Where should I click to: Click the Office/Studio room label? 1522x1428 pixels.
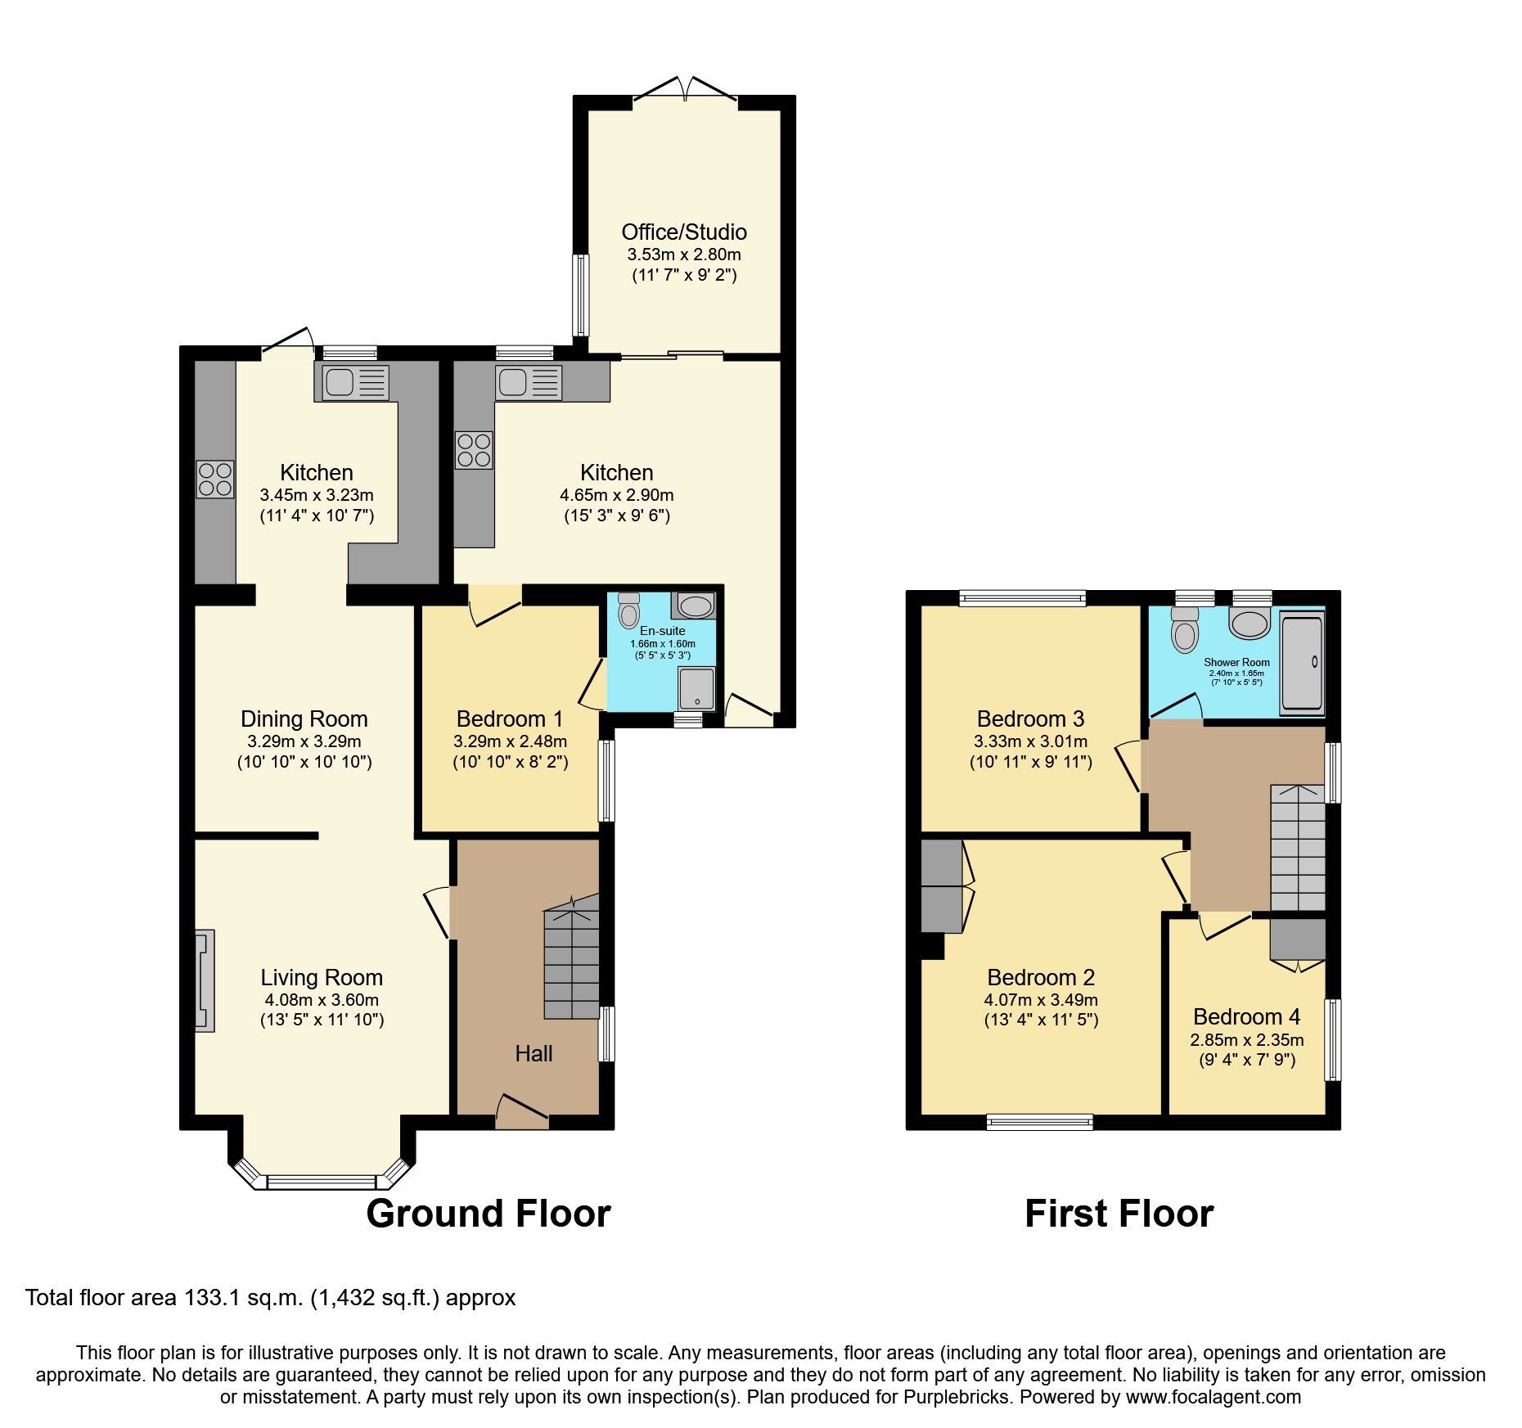[683, 232]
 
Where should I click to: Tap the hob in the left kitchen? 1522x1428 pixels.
[215, 480]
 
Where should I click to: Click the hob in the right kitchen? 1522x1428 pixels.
[475, 450]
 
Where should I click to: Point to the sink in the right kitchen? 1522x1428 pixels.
[529, 382]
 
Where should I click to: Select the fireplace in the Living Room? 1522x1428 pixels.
[205, 980]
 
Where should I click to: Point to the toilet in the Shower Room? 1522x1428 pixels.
[1184, 630]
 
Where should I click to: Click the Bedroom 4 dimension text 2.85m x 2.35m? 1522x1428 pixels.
[1246, 1040]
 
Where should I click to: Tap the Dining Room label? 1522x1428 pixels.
[304, 719]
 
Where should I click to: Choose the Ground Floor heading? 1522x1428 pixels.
[488, 1213]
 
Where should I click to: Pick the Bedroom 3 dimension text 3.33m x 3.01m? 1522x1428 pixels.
[1030, 741]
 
